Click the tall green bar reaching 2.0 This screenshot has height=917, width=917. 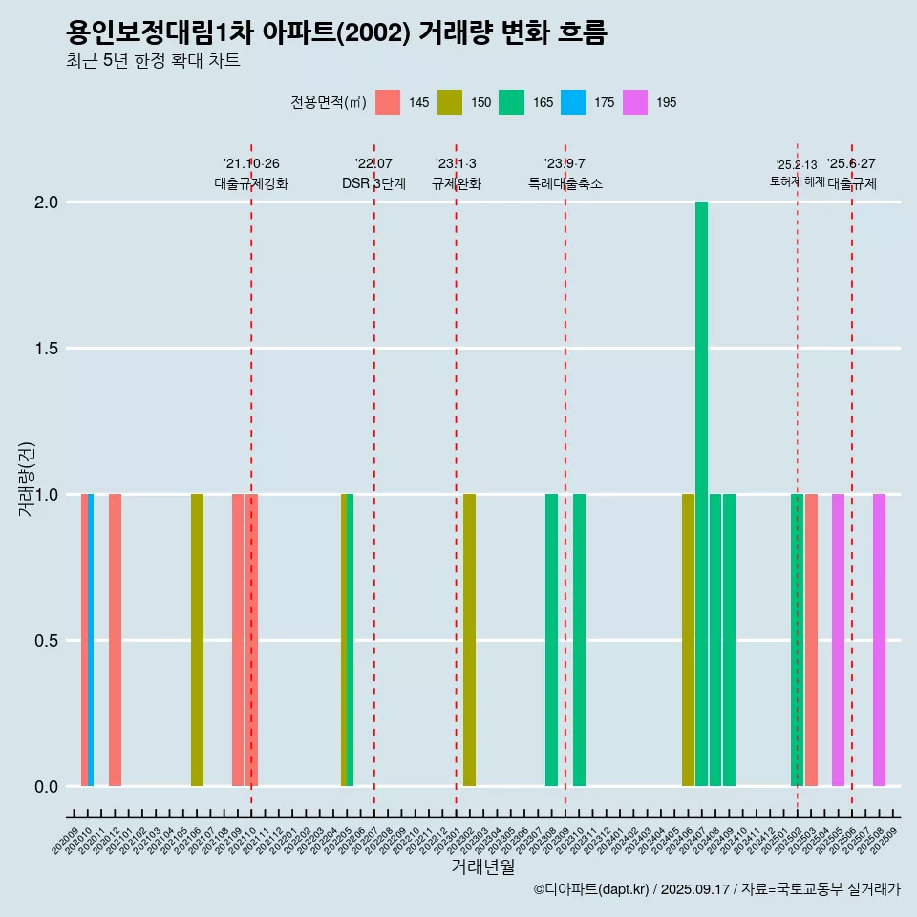coord(701,494)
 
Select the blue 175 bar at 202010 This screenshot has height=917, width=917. coord(91,640)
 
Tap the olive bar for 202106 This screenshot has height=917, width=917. coord(197,640)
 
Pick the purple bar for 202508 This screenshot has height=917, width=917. coord(879,640)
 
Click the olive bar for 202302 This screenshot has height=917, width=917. coord(469,640)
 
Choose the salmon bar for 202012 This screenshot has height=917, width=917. coord(115,640)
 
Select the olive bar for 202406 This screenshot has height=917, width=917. coord(688,640)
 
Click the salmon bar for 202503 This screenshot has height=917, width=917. coord(811,640)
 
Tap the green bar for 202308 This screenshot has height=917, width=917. coord(551,640)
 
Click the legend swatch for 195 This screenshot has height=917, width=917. coord(634,102)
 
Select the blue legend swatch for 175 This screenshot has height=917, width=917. coord(573,102)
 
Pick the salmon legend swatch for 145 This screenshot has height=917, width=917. coord(388,102)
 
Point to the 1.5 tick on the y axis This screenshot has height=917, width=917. coord(46,349)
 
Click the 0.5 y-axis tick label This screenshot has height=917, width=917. coord(46,641)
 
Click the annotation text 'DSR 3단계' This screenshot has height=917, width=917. coord(373,184)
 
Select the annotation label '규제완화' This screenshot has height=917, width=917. coord(456,184)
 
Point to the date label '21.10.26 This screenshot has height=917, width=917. coord(251,164)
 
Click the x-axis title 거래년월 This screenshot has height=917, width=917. coord(482,867)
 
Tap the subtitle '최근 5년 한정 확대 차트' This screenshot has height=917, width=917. coord(153,61)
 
